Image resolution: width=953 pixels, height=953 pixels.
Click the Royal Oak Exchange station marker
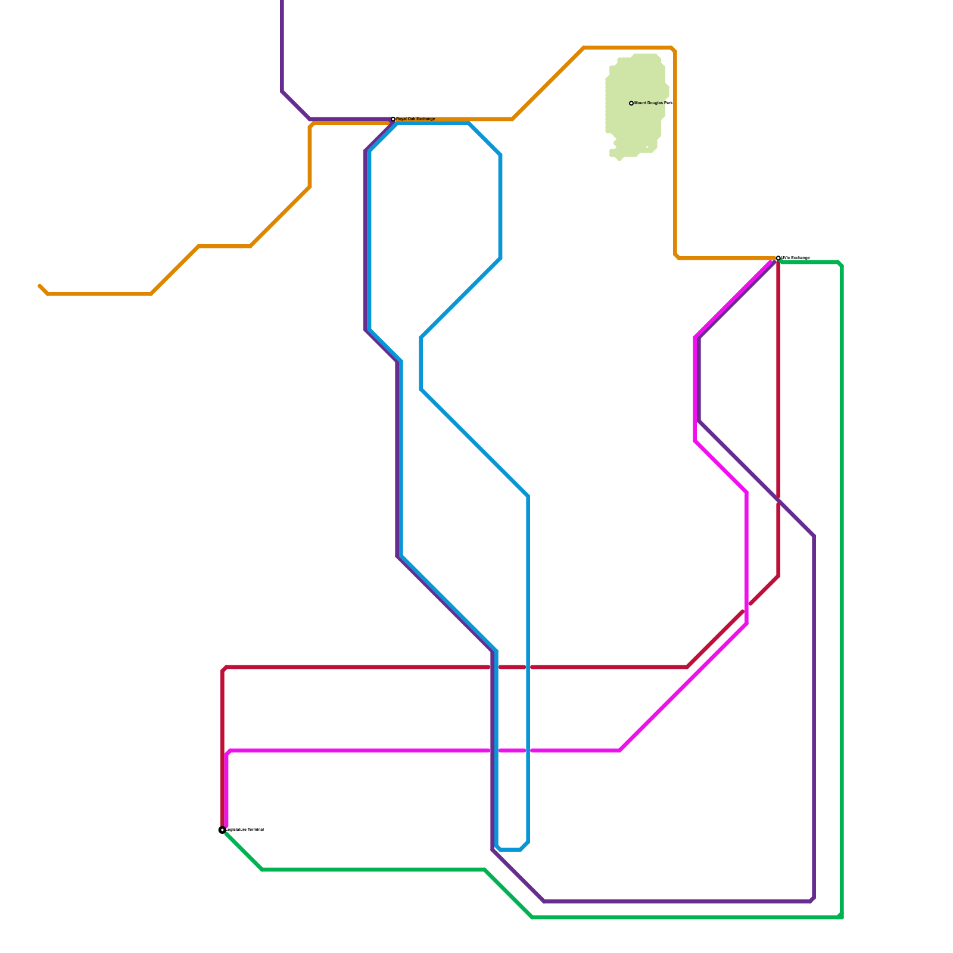coord(393,119)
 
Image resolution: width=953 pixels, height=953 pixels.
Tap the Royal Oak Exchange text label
coord(416,119)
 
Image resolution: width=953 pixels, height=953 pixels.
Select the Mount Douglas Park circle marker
coord(631,103)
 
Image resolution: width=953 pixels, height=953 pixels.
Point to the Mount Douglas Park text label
coord(653,103)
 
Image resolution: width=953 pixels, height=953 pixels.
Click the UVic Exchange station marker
coord(778,258)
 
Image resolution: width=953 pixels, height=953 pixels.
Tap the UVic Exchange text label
coord(796,258)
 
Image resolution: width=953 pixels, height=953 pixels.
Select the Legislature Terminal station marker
coord(222,830)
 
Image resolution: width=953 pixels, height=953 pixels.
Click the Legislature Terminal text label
coord(245,830)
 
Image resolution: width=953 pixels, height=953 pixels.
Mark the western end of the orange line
coord(40,286)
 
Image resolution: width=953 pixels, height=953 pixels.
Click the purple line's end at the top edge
coord(282,2)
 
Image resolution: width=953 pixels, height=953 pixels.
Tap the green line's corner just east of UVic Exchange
coord(840,263)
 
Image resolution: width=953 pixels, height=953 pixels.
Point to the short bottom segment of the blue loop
coord(510,849)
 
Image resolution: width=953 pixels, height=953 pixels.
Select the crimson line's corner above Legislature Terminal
coord(224,669)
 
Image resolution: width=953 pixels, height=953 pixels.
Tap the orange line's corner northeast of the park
coord(674,49)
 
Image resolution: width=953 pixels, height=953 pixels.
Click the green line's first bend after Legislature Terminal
coord(263,870)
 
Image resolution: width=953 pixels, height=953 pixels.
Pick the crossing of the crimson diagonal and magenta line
coord(746,608)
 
